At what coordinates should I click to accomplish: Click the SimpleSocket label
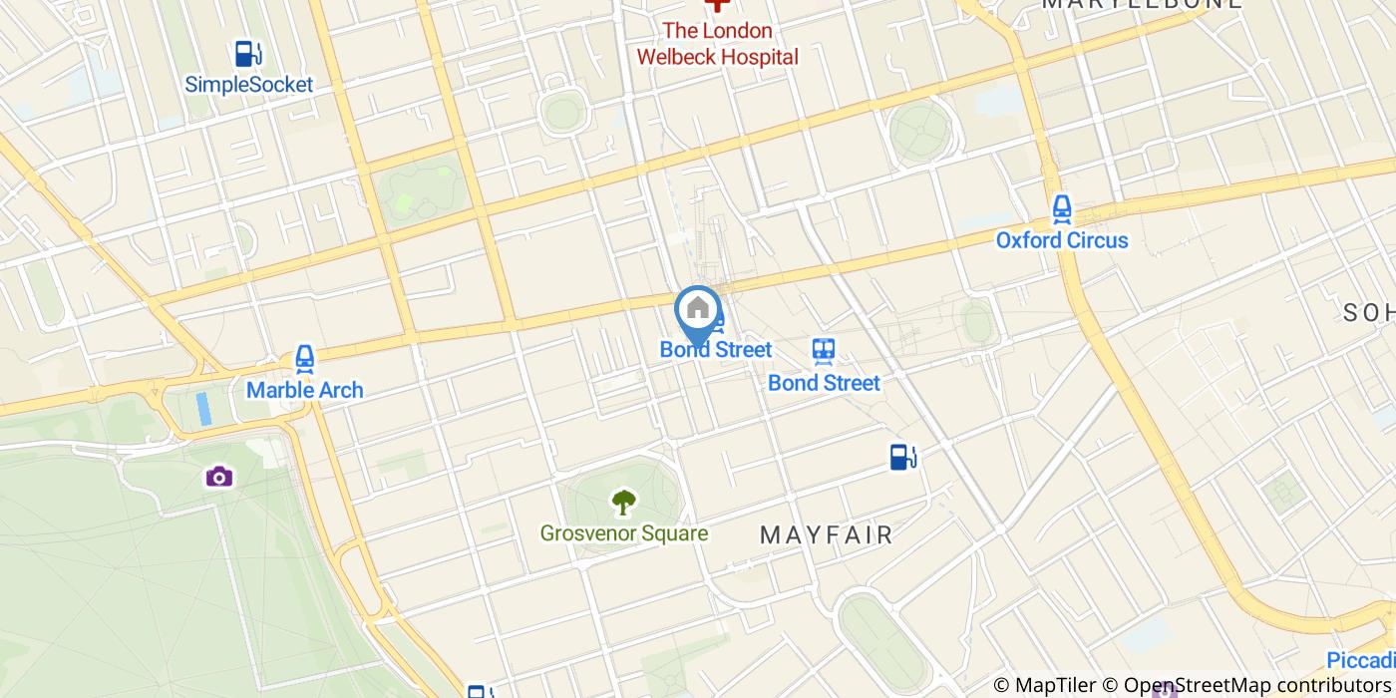pos(249,85)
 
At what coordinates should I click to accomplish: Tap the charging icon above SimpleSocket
pos(245,54)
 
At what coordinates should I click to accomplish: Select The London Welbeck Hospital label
pos(718,44)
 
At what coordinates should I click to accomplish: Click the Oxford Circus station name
pos(1062,240)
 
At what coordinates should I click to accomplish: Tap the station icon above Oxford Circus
pos(1062,209)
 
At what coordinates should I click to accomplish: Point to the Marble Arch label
pos(304,390)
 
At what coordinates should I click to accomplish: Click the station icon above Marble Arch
pos(304,359)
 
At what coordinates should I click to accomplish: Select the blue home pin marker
pos(698,311)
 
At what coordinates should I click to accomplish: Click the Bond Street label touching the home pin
pos(716,350)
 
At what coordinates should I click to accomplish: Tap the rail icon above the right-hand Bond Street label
pos(824,351)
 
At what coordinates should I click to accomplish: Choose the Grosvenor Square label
pos(624,533)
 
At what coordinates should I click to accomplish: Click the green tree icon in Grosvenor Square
pos(624,502)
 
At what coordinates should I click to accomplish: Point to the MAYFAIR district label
pos(827,534)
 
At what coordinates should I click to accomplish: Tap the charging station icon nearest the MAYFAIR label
pos(903,457)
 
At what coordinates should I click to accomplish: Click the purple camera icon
pos(219,477)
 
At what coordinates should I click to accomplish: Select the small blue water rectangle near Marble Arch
pos(204,409)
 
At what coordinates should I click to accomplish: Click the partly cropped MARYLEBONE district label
pos(1142,4)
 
